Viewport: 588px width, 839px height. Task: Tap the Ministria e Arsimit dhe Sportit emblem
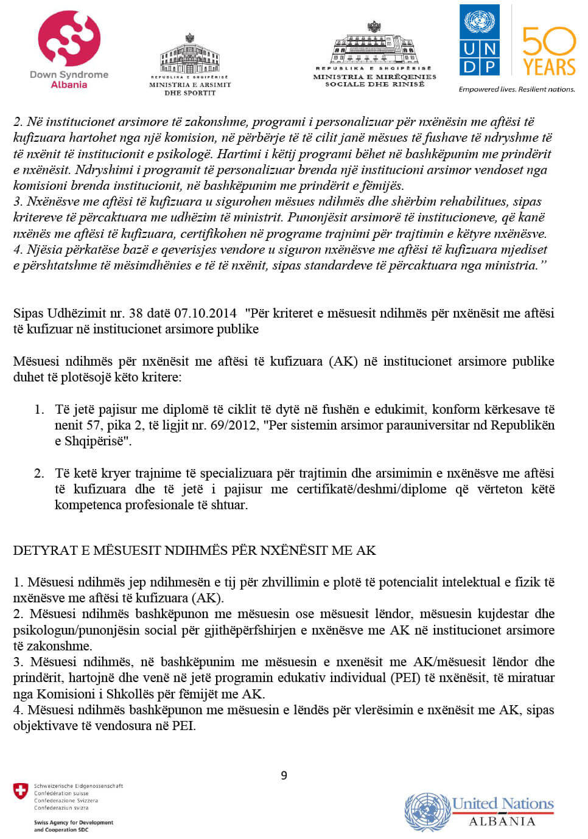click(x=190, y=55)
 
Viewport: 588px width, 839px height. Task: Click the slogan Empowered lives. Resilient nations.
click(x=517, y=89)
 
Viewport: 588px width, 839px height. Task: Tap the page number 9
click(x=284, y=775)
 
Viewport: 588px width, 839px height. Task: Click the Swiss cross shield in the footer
click(x=21, y=791)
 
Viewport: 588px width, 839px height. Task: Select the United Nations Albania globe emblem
click(x=427, y=812)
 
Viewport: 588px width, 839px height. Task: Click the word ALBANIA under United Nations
click(x=502, y=821)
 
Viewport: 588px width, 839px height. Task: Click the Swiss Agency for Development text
click(x=74, y=823)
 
